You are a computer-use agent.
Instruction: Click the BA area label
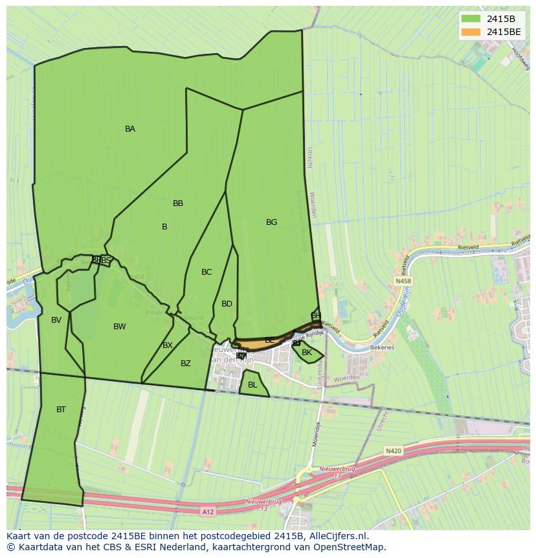[130, 129]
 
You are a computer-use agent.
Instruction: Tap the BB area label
[178, 203]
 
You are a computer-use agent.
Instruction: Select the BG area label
[271, 222]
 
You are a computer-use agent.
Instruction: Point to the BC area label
[207, 272]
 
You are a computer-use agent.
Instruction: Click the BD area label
[227, 304]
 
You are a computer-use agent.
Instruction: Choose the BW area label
[120, 327]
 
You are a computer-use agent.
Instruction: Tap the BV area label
[56, 320]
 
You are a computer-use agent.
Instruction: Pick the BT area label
[61, 410]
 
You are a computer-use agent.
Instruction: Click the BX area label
[168, 345]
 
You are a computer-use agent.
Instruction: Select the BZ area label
[186, 364]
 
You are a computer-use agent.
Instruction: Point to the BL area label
[252, 385]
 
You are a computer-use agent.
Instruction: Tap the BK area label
[307, 353]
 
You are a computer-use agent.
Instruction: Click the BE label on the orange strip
[269, 340]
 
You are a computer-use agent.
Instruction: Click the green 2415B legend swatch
[471, 19]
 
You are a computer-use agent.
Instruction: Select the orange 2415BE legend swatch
[471, 32]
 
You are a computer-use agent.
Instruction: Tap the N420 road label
[393, 450]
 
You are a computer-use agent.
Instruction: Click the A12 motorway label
[208, 512]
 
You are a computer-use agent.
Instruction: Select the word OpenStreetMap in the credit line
[352, 547]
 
